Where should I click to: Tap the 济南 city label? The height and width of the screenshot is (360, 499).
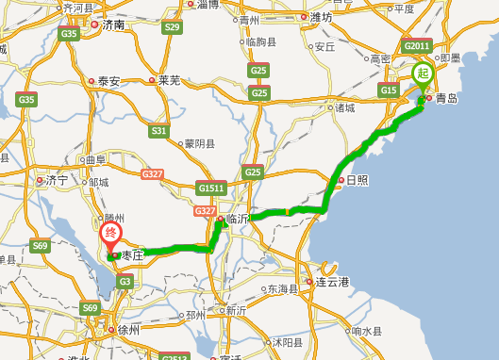[x=114, y=25]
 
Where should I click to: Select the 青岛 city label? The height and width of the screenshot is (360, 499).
[x=447, y=96]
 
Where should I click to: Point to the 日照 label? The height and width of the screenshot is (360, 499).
[x=357, y=179]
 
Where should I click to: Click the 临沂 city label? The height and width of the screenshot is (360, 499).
[x=239, y=218]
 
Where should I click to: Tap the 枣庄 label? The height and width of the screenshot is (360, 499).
[x=129, y=254]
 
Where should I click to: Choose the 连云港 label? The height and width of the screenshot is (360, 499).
[x=333, y=282]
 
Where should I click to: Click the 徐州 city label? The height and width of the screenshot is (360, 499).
[x=128, y=330]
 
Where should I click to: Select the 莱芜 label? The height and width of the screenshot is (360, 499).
[x=169, y=80]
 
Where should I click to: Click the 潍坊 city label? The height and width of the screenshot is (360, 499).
[x=321, y=17]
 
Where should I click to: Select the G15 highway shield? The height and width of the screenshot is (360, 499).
[x=388, y=90]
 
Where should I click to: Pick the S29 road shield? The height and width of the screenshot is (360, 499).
[x=171, y=27]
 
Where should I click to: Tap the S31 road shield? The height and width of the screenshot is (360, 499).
[x=158, y=131]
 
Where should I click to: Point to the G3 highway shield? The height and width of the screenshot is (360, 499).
[x=125, y=282]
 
